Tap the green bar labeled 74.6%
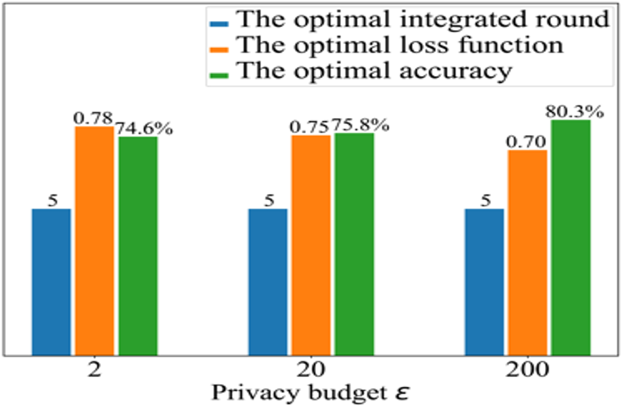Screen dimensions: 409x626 pos(138,246)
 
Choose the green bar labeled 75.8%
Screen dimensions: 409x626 pos(354,244)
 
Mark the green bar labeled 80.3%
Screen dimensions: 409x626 pos(571,237)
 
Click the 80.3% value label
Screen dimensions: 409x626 pos(574,112)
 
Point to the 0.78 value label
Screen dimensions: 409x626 pos(93,118)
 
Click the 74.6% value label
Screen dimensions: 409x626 pos(144,129)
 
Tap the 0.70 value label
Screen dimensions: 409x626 pos(526,142)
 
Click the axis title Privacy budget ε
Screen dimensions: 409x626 pos(310,392)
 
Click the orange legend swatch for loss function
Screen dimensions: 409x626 pos(219,49)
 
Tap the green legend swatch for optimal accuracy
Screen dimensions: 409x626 pos(219,75)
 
